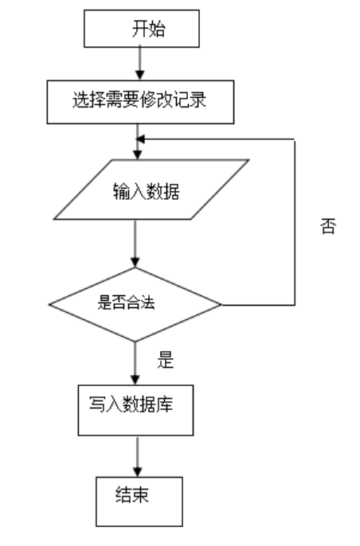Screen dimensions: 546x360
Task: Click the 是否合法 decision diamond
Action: coord(135,302)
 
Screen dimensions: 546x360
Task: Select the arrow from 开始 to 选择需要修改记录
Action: coord(140,63)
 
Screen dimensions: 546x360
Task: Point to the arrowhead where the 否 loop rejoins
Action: coord(141,140)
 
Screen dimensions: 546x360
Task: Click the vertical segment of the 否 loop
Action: coord(295,223)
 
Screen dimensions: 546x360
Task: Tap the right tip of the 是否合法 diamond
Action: coord(221,304)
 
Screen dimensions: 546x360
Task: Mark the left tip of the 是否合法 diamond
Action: coord(49,304)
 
